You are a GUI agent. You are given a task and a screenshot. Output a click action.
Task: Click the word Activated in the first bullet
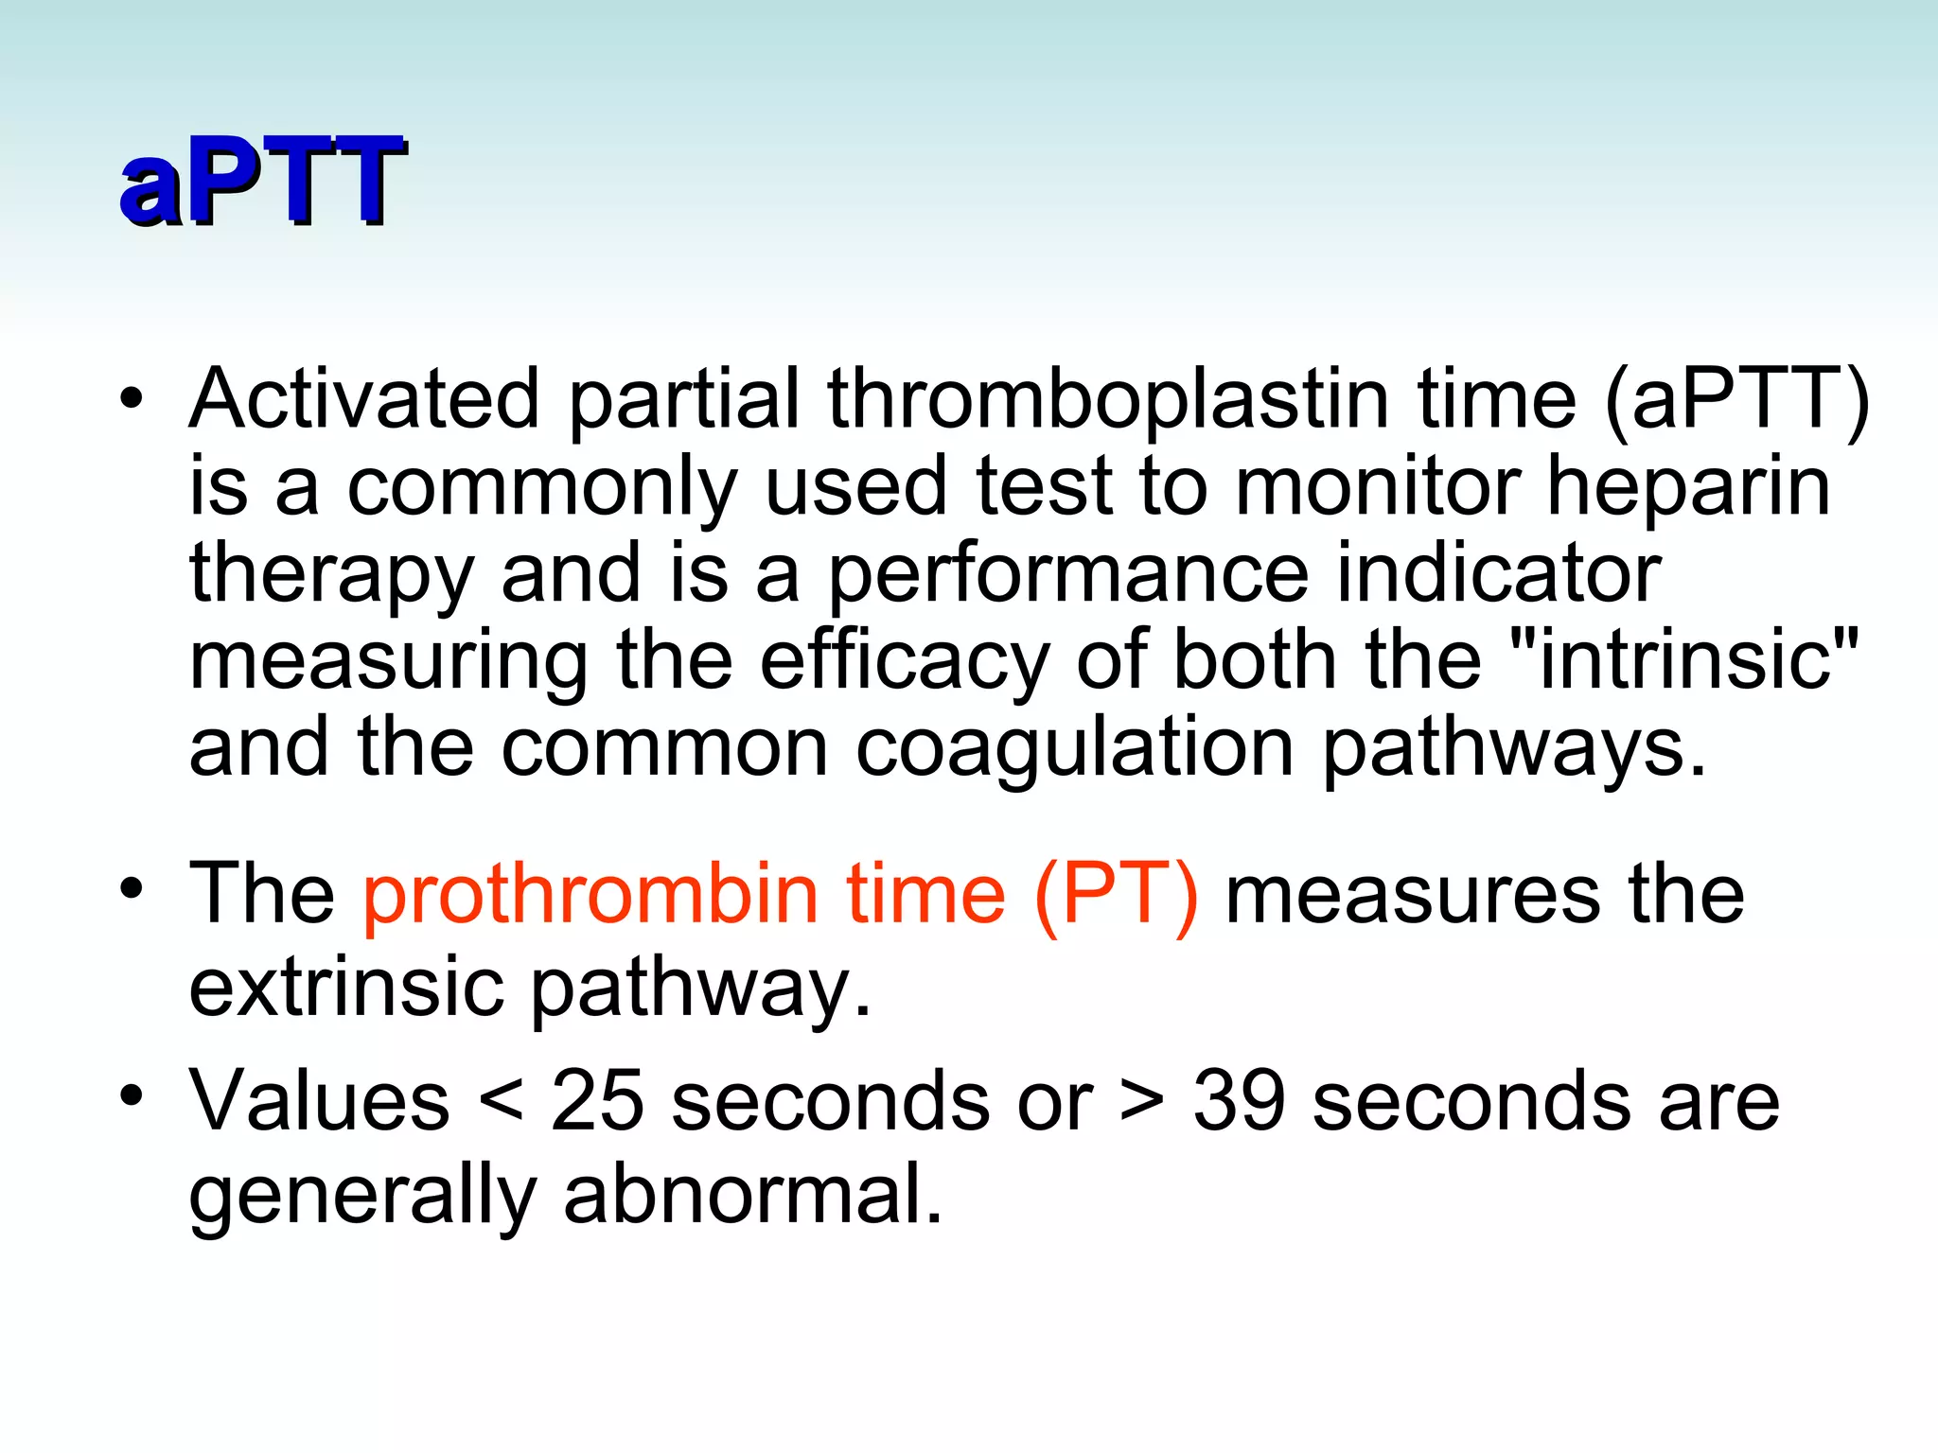pos(364,398)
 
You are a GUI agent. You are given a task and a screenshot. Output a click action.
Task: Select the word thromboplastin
pos(1107,398)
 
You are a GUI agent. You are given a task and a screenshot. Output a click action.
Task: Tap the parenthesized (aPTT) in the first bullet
pos(1737,398)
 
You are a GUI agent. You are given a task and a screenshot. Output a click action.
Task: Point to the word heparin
pos(1688,487)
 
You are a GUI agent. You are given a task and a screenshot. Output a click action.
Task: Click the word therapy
pos(330,574)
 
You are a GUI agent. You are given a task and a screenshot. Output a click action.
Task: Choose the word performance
pos(1068,574)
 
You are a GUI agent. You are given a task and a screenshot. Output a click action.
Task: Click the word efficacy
pos(904,659)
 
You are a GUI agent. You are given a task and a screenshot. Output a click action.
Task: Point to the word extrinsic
pos(345,987)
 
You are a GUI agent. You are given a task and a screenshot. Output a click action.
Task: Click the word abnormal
pos(752,1194)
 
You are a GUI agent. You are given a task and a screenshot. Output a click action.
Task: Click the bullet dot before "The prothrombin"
pos(132,889)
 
